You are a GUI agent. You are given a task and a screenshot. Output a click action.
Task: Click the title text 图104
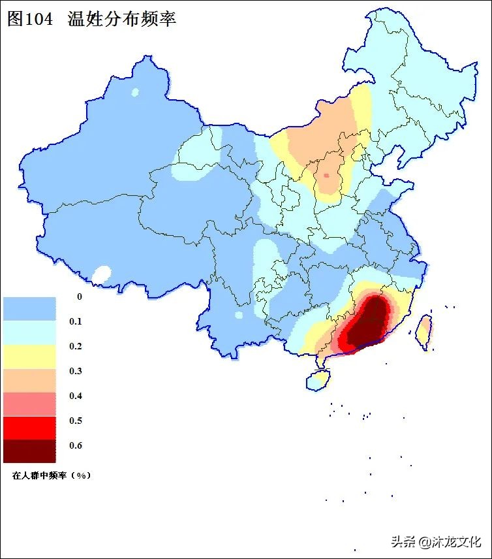31,19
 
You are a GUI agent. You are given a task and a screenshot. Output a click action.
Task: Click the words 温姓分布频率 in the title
121,19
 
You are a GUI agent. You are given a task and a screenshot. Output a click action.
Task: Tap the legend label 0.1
76,321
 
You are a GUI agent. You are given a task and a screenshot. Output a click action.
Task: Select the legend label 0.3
76,371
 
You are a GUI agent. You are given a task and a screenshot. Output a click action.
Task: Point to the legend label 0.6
76,445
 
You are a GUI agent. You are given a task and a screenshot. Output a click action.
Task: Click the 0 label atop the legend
80,296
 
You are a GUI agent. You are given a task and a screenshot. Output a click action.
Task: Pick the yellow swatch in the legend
29,357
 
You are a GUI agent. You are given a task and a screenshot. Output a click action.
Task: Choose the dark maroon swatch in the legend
29,451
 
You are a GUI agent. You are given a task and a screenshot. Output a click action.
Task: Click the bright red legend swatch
29,427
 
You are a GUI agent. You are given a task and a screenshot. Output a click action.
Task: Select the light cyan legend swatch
29,332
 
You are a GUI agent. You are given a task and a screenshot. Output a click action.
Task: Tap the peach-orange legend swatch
29,380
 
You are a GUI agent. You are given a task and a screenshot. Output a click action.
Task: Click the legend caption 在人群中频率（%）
51,475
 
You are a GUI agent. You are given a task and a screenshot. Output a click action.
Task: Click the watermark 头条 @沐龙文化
436,541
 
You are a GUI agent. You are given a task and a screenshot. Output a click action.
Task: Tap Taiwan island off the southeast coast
423,330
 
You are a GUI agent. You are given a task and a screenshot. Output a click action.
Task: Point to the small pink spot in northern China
326,175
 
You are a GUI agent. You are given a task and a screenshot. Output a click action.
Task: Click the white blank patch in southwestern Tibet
101,274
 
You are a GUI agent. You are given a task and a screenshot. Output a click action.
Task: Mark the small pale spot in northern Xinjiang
136,93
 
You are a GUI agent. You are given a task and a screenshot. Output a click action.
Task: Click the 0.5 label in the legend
76,421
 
